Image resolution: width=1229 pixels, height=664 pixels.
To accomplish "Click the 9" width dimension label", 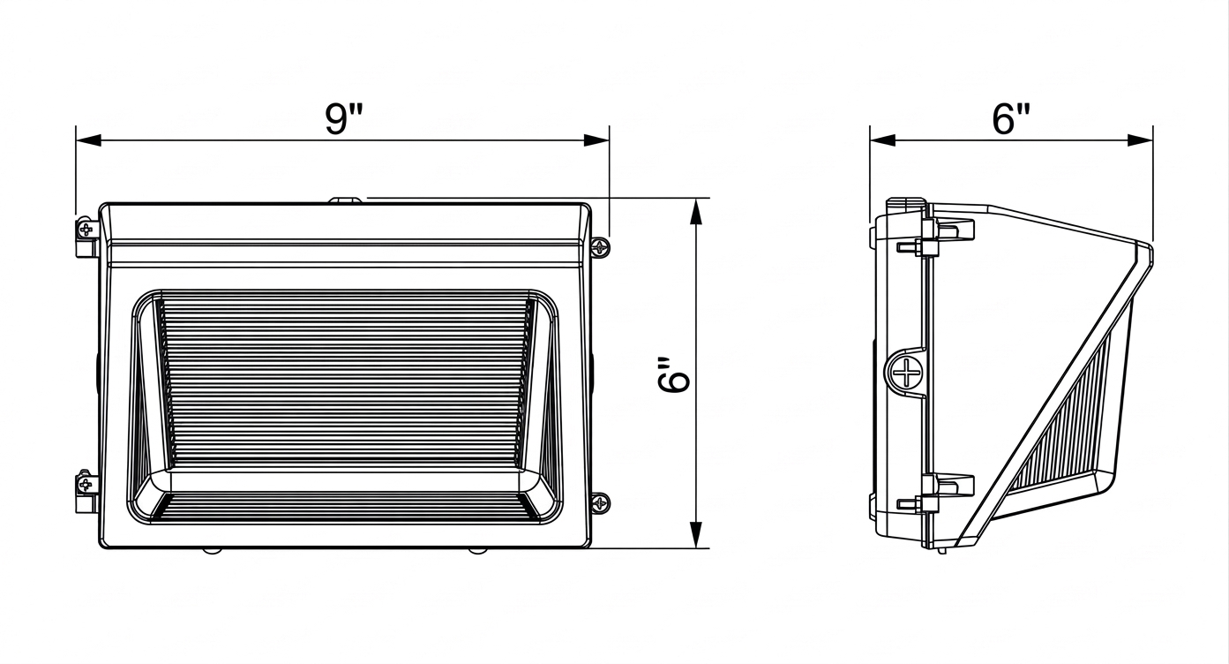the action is pos(344,118).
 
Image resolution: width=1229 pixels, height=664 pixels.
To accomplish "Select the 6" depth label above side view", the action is pos(1011,118).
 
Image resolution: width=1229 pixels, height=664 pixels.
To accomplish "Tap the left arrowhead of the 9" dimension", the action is pos(89,140).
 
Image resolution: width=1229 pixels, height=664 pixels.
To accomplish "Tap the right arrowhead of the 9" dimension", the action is pos(596,140).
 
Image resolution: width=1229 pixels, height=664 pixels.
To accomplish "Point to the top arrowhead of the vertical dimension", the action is pos(696,211).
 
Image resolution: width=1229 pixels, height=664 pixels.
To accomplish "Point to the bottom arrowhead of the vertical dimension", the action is pos(696,534).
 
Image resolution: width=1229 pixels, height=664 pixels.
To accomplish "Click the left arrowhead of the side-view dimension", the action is pos(883,140).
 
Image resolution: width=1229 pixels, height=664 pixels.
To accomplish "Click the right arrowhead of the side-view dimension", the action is pos(1140,140).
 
